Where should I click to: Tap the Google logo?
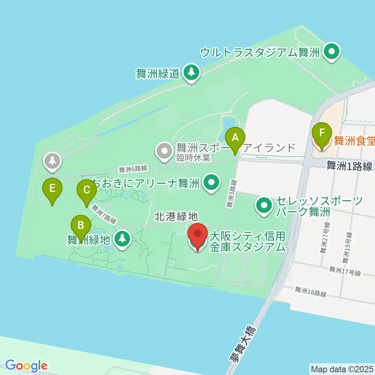coord(27,365)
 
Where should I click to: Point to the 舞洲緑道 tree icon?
coord(191,72)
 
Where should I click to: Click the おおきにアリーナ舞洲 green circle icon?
coord(212,182)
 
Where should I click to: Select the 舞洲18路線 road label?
coord(310,291)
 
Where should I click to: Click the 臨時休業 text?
coord(193,158)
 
